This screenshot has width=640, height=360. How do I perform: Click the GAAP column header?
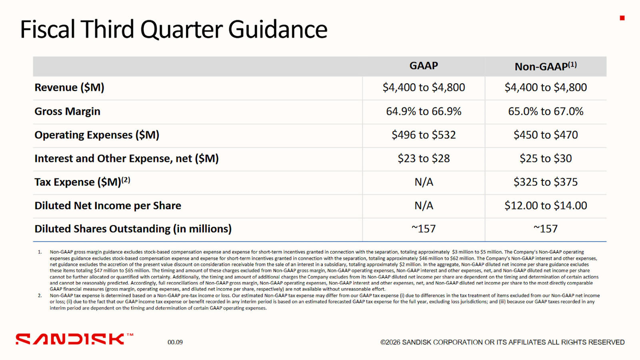[x=424, y=66]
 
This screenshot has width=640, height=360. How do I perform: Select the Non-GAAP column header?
[x=545, y=66]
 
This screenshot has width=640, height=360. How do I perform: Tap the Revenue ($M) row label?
[x=69, y=88]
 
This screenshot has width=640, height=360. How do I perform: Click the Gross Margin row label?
[x=67, y=111]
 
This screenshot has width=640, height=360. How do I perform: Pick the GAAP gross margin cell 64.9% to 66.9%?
[x=424, y=111]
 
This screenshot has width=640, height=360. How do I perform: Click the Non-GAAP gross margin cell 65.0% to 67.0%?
[x=546, y=111]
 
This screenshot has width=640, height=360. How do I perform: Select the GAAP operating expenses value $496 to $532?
[x=424, y=135]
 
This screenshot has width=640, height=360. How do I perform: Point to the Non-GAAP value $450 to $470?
[x=546, y=135]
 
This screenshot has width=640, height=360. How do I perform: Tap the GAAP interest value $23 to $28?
[x=424, y=158]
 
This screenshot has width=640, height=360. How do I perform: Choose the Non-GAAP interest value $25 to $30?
[x=546, y=158]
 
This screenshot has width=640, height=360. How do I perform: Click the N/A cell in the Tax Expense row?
[x=424, y=182]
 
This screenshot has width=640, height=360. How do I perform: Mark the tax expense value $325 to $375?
[x=546, y=182]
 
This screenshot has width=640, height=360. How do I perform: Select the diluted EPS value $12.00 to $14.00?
[x=546, y=206]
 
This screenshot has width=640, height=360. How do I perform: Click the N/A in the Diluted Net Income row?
[x=424, y=206]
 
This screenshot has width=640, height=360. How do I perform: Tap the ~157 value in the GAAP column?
[x=424, y=229]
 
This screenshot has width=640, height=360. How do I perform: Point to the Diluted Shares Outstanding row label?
[x=133, y=229]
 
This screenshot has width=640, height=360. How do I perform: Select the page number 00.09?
[x=175, y=342]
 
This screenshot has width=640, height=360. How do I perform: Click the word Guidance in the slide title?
[x=278, y=30]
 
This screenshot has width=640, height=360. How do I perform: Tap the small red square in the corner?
[x=622, y=18]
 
